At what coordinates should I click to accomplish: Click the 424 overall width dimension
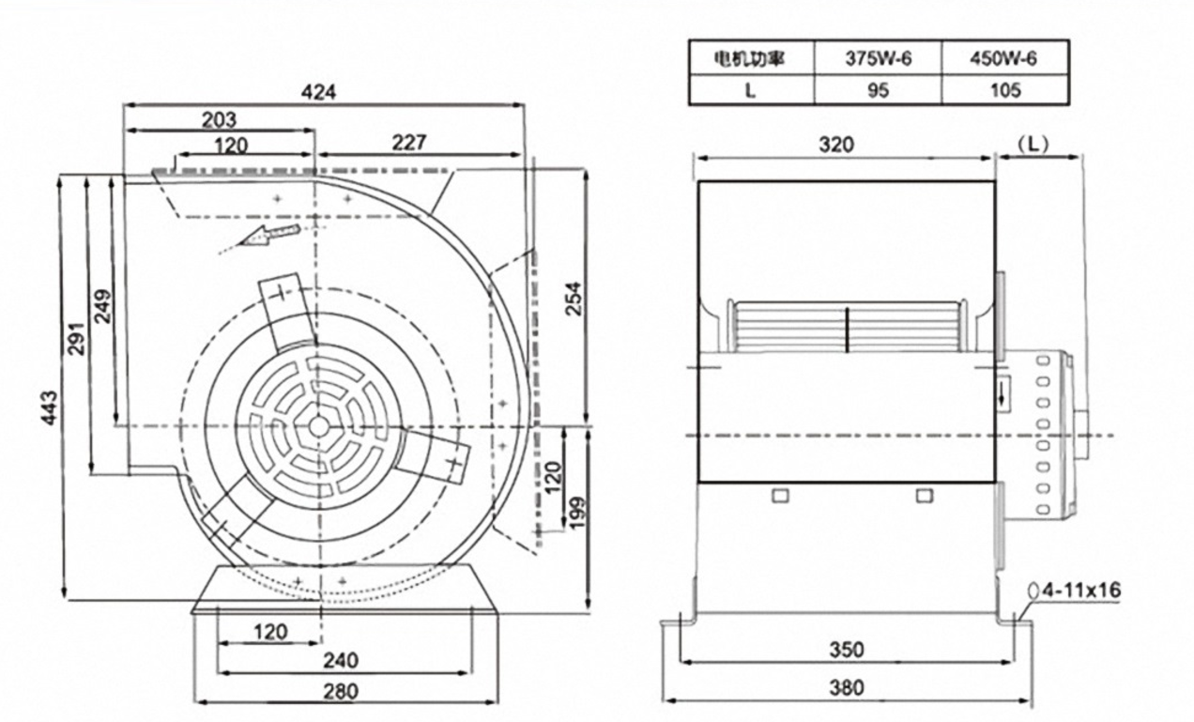[319, 92]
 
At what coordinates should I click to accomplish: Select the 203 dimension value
[218, 119]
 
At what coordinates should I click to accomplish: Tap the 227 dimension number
[408, 142]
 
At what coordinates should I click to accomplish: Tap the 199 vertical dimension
[576, 512]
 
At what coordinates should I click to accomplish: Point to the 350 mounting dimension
[847, 650]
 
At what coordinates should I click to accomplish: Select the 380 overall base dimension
[847, 688]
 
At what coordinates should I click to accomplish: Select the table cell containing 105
[1003, 90]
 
